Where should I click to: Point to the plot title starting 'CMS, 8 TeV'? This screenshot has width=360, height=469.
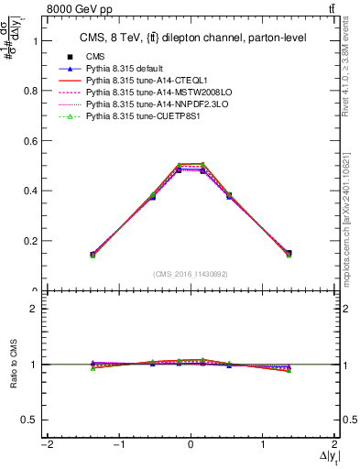click(x=190, y=38)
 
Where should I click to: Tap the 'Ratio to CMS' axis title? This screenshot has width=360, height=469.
click(x=12, y=365)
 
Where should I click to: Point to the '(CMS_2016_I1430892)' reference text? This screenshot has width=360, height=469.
click(x=190, y=274)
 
